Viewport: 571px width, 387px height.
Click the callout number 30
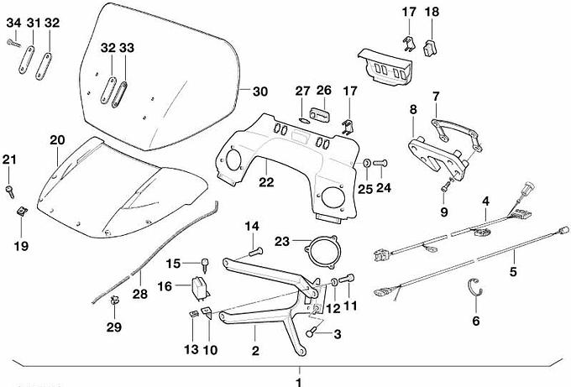[260, 92]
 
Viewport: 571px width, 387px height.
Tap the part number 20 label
[57, 139]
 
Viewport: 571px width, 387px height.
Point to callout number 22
[265, 180]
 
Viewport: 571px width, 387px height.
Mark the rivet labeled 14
[256, 249]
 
